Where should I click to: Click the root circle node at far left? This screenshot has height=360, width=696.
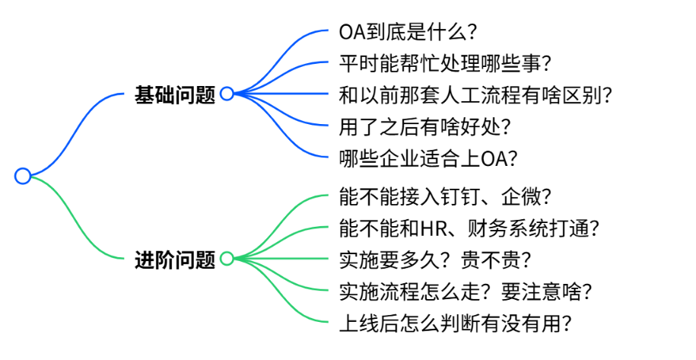23,177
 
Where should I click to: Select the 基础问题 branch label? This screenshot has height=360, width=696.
175,94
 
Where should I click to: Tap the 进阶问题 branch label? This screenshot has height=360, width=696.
175,260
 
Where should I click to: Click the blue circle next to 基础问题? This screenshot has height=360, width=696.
227,94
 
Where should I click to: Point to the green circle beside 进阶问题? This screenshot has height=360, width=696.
227,260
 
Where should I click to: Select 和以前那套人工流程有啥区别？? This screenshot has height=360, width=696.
476,95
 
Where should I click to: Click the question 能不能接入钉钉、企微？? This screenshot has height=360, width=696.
446,197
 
